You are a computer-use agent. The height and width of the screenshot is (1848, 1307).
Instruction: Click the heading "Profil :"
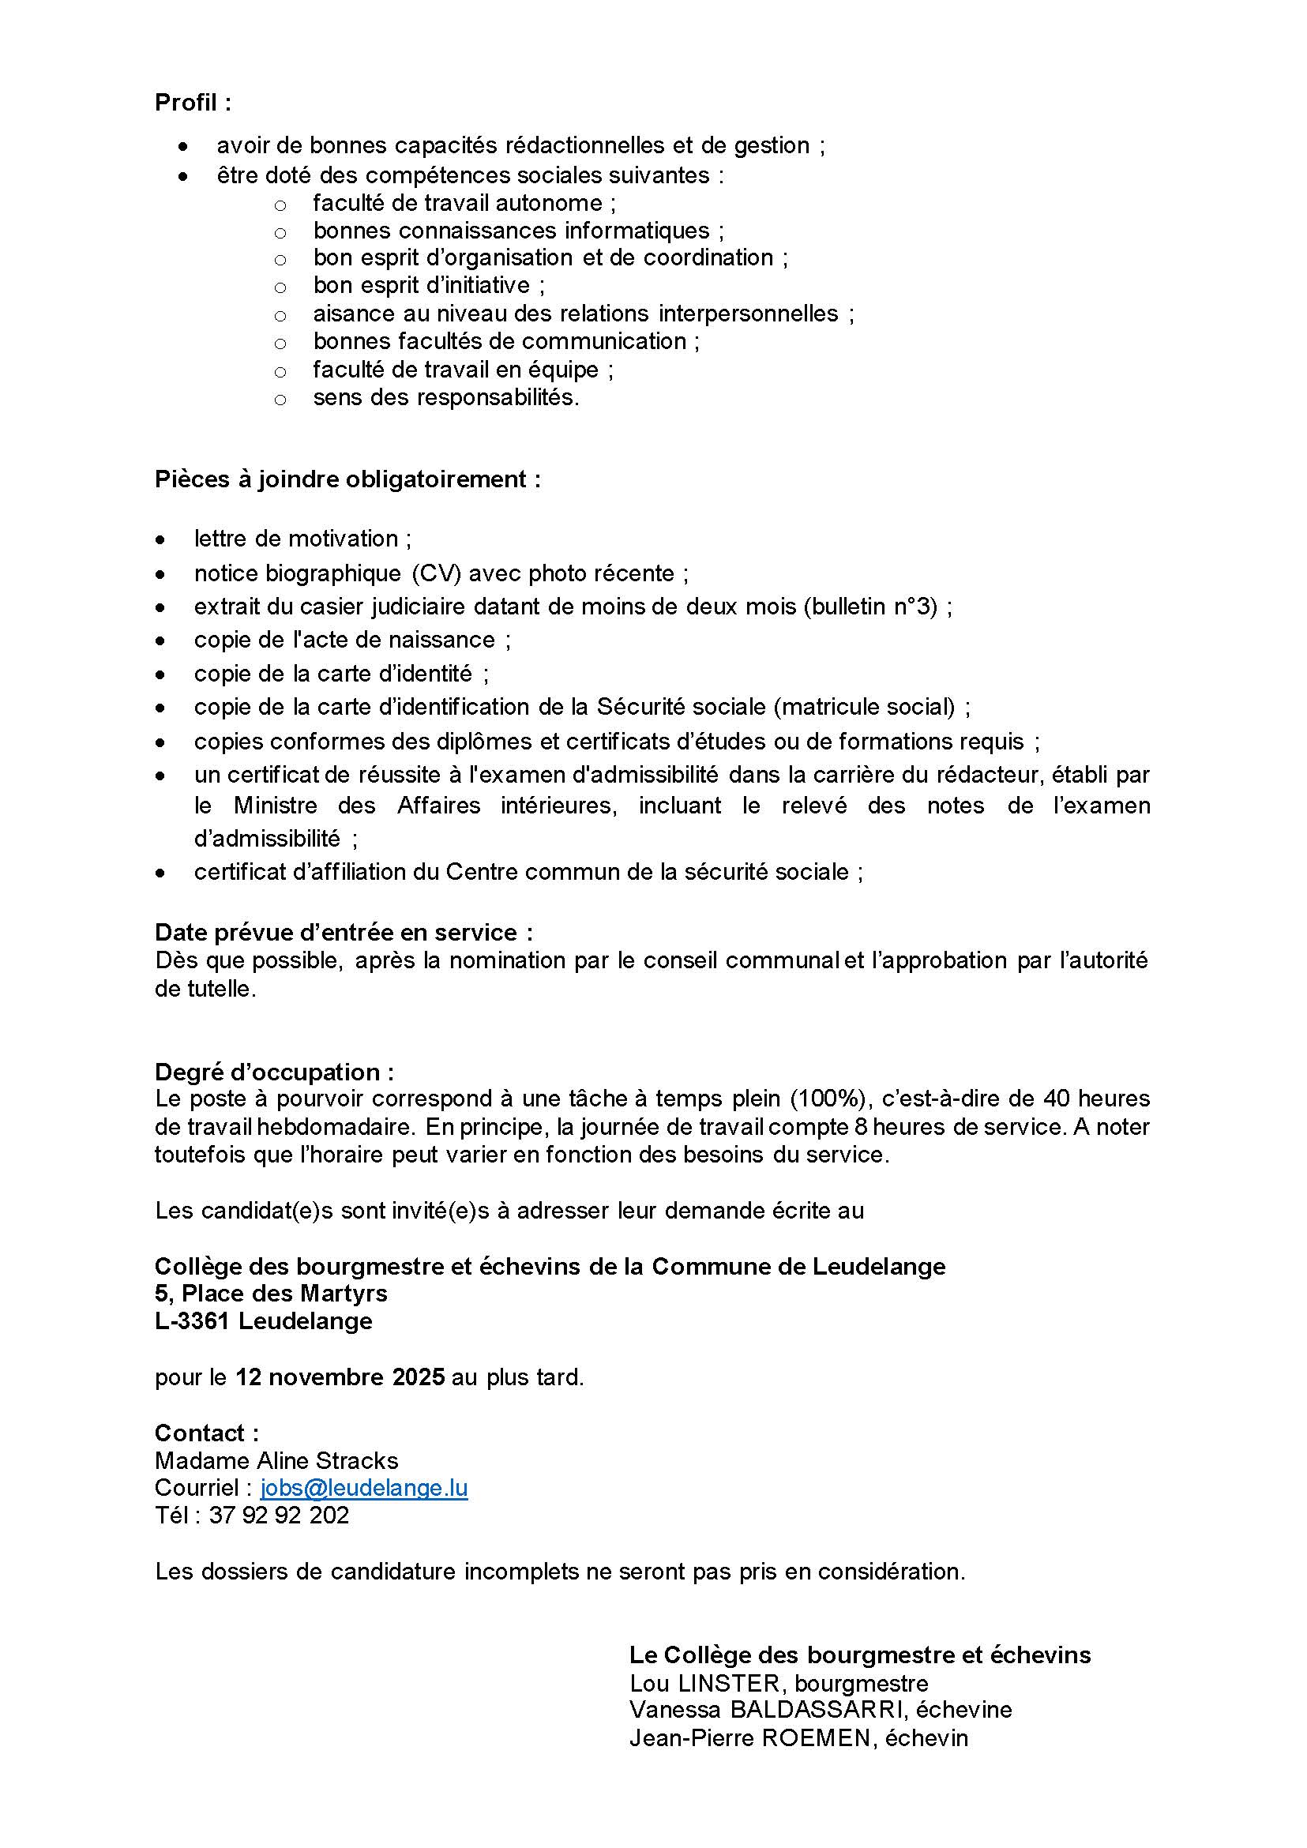[x=193, y=103]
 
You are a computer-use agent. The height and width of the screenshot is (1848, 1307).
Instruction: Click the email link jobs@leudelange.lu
[x=364, y=1487]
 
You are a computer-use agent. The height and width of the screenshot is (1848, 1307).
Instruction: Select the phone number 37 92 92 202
[x=280, y=1516]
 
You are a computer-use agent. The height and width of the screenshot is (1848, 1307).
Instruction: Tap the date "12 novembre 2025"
[x=340, y=1377]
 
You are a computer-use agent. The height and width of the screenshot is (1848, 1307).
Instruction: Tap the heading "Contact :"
[x=207, y=1433]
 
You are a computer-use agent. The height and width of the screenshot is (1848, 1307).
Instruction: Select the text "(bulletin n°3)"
[x=871, y=606]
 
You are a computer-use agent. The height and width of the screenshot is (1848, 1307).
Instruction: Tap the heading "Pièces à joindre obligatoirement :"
[x=347, y=479]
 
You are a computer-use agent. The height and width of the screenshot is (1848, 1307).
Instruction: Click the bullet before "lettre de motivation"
[x=161, y=539]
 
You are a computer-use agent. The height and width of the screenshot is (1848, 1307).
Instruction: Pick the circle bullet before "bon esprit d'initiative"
[x=280, y=287]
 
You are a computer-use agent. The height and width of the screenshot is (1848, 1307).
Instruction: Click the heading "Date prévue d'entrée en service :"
[x=344, y=932]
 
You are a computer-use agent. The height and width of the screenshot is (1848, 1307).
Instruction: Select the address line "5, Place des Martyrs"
[x=271, y=1293]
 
